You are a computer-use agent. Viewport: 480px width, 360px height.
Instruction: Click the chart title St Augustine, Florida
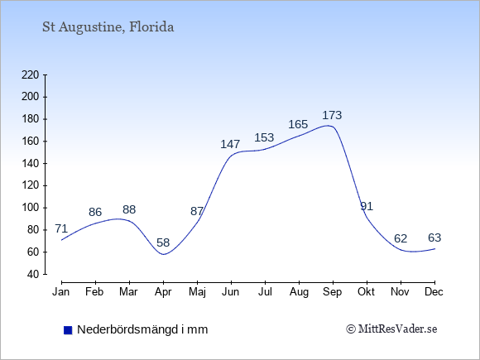[x=108, y=27]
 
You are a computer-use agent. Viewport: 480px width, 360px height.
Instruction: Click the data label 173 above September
[x=332, y=115]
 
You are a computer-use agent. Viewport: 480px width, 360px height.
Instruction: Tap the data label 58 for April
[x=163, y=242]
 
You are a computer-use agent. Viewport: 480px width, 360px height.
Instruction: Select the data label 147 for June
[x=230, y=144]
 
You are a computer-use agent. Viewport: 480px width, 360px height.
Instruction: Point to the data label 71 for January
[x=61, y=228]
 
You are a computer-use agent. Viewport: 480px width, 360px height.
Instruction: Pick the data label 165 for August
[x=298, y=124]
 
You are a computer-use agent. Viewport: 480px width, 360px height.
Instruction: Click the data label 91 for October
[x=367, y=206]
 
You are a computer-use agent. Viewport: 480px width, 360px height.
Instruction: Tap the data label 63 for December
[x=434, y=238]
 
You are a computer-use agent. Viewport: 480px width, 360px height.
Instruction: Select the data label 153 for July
[x=264, y=137]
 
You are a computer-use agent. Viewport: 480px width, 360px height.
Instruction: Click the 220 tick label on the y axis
[x=31, y=74]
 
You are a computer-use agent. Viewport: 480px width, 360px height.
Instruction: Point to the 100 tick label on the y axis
[x=31, y=208]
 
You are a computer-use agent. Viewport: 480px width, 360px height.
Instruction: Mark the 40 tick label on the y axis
[x=33, y=274]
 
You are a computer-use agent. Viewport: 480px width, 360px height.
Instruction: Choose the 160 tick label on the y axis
[x=31, y=142]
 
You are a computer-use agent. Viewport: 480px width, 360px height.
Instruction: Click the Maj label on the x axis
[x=197, y=292]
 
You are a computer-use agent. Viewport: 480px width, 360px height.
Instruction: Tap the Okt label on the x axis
[x=366, y=292]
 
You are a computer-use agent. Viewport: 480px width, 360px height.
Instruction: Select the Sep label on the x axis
[x=332, y=292]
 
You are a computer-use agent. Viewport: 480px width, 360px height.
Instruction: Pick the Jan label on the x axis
[x=61, y=292]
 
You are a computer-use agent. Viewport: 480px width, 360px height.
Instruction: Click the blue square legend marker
[x=68, y=330]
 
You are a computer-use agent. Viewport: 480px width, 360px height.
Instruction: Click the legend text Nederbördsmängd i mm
[x=142, y=329]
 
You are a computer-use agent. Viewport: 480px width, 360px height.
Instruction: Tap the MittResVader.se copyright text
[x=391, y=329]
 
